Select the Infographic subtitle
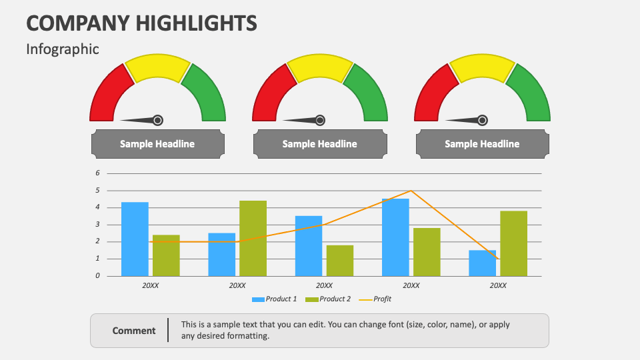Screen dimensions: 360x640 [x=63, y=49]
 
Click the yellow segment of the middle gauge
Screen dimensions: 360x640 [x=319, y=69]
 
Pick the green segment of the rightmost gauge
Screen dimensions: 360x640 [x=531, y=93]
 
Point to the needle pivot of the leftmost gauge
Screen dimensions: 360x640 [x=157, y=120]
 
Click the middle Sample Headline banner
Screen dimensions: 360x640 [x=319, y=144]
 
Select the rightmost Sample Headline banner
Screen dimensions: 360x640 [x=482, y=144]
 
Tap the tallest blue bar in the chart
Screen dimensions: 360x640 [x=395, y=237]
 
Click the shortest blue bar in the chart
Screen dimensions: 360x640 [x=482, y=263]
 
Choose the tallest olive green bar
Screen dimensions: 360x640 [x=253, y=238]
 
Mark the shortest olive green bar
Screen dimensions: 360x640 [x=339, y=260]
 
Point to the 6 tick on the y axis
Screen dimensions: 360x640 [x=98, y=173]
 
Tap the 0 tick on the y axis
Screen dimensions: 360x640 [x=98, y=275]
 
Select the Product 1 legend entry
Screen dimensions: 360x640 [x=274, y=299]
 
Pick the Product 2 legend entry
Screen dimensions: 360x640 [x=327, y=299]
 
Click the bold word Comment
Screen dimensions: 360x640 [x=134, y=331]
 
